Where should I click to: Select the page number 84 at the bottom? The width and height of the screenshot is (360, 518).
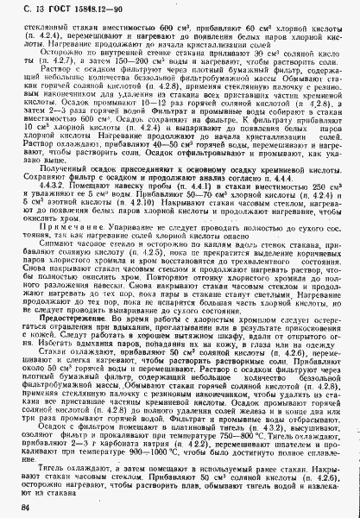(22, 509)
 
